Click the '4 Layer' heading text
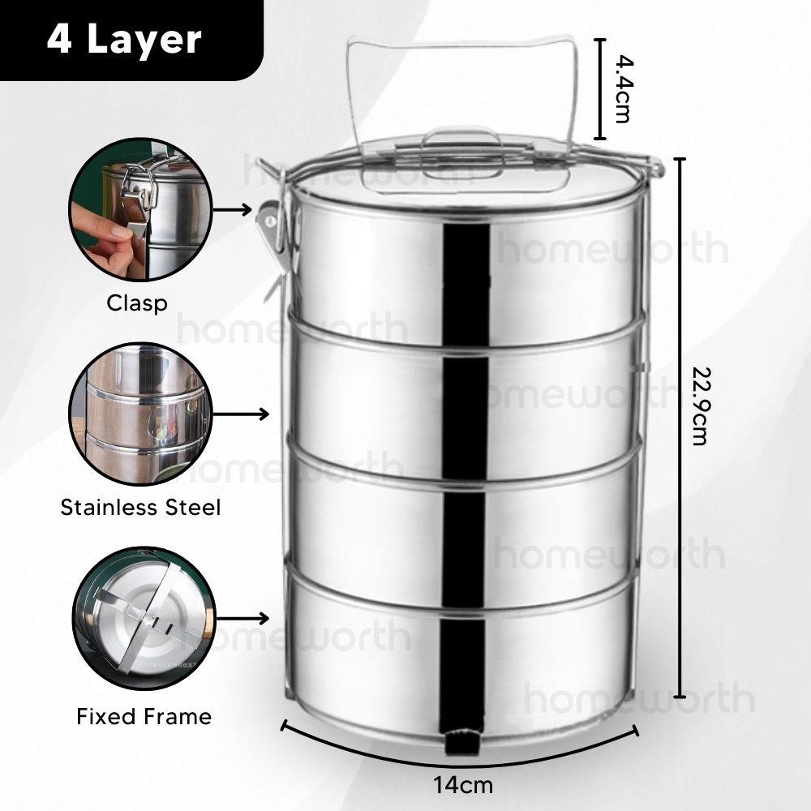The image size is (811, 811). (x=123, y=39)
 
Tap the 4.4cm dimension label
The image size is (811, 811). (x=622, y=89)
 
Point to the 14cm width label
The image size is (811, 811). (x=463, y=785)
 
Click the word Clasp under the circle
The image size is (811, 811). (x=137, y=303)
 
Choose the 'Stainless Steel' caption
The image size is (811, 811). (x=140, y=508)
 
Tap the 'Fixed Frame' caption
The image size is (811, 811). (x=144, y=716)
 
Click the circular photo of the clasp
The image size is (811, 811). (x=140, y=209)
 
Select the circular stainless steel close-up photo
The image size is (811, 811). (x=140, y=414)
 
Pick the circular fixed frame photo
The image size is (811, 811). (x=144, y=619)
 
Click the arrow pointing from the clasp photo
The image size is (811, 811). (x=232, y=209)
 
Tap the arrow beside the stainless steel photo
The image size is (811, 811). (x=241, y=414)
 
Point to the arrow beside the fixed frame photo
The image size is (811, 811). (x=242, y=618)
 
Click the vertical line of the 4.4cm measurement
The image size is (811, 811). (x=599, y=89)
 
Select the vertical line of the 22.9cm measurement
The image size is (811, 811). (x=680, y=427)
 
